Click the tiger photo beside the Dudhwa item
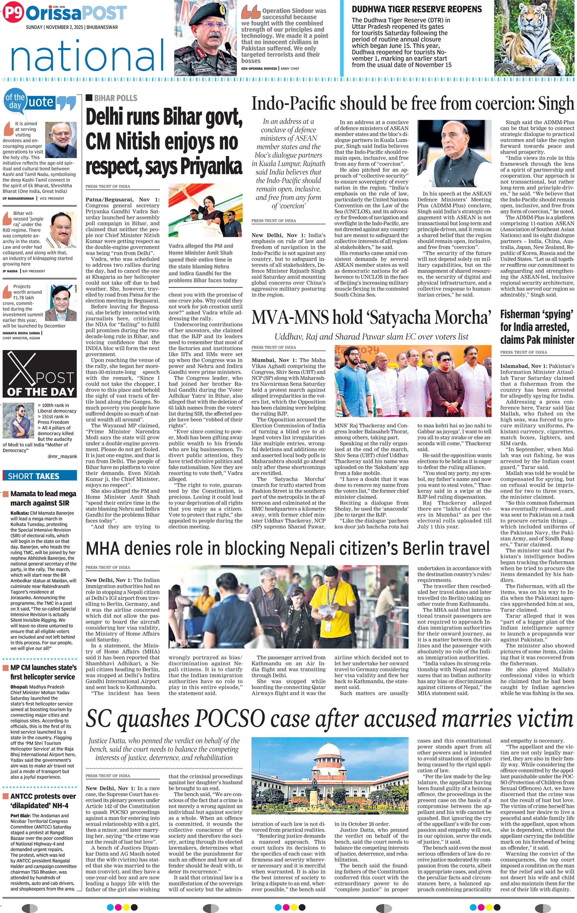point(535,38)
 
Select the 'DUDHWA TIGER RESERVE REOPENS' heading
point(417,9)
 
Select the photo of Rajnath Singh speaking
point(454,153)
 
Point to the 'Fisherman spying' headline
point(537,327)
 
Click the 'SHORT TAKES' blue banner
point(39,476)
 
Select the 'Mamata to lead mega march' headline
point(43,498)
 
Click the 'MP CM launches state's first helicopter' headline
point(43,672)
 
